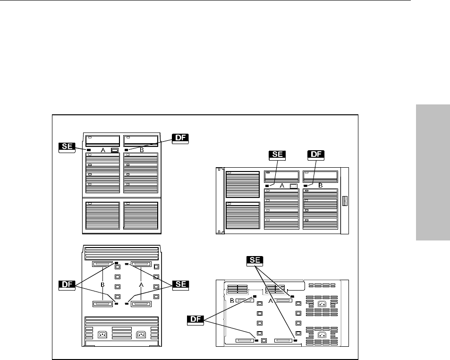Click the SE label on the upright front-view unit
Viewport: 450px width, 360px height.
click(66, 146)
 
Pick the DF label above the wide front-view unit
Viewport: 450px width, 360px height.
click(316, 155)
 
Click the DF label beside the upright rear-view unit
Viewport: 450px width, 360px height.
click(67, 284)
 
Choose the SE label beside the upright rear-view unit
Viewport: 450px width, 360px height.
click(181, 284)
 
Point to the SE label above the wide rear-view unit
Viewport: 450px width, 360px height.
click(255, 260)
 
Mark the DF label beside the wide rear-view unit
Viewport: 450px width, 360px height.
click(195, 320)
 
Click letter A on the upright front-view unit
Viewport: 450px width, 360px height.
click(103, 150)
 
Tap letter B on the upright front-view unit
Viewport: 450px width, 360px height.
click(141, 150)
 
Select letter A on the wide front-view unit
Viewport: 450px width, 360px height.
click(282, 186)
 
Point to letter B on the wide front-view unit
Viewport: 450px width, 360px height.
click(320, 186)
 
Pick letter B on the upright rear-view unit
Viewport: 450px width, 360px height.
click(102, 285)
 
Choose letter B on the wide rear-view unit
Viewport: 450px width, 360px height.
click(232, 301)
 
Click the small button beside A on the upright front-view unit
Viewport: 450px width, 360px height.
click(114, 150)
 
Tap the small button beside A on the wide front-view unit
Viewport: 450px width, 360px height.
click(293, 186)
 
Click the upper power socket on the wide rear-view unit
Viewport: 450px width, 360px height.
click(322, 304)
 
